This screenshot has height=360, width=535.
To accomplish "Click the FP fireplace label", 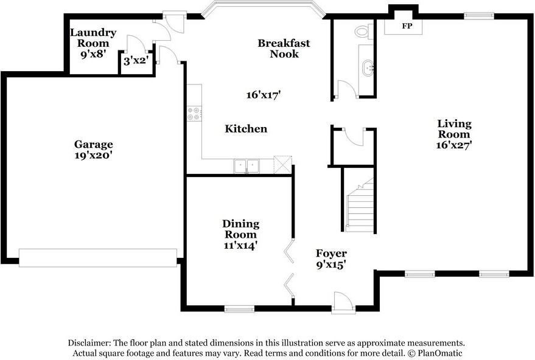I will pyautogui.click(x=404, y=27).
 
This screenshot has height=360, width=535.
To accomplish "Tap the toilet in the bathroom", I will pyautogui.click(x=363, y=30).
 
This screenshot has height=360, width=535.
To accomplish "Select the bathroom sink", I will pyautogui.click(x=367, y=67).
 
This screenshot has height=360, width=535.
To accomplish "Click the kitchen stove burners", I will pyautogui.click(x=195, y=112).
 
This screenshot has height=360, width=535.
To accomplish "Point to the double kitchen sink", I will pyautogui.click(x=247, y=165).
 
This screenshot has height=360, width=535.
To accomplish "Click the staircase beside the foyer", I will pyautogui.click(x=360, y=207).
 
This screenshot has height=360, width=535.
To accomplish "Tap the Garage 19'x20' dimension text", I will pyautogui.click(x=94, y=155).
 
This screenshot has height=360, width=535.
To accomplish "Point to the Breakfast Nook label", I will pyautogui.click(x=284, y=48).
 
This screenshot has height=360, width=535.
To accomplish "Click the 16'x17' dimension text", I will pyautogui.click(x=263, y=95).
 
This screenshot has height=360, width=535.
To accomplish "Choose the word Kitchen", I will pyautogui.click(x=246, y=129).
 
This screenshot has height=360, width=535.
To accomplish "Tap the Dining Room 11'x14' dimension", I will pyautogui.click(x=240, y=245).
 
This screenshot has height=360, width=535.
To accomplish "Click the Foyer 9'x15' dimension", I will pyautogui.click(x=331, y=265).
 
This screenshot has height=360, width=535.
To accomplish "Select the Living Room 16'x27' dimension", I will pyautogui.click(x=454, y=145).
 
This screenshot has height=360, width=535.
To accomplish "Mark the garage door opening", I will pyautogui.click(x=98, y=257).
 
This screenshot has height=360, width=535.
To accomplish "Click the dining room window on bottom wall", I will pyautogui.click(x=239, y=309).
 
